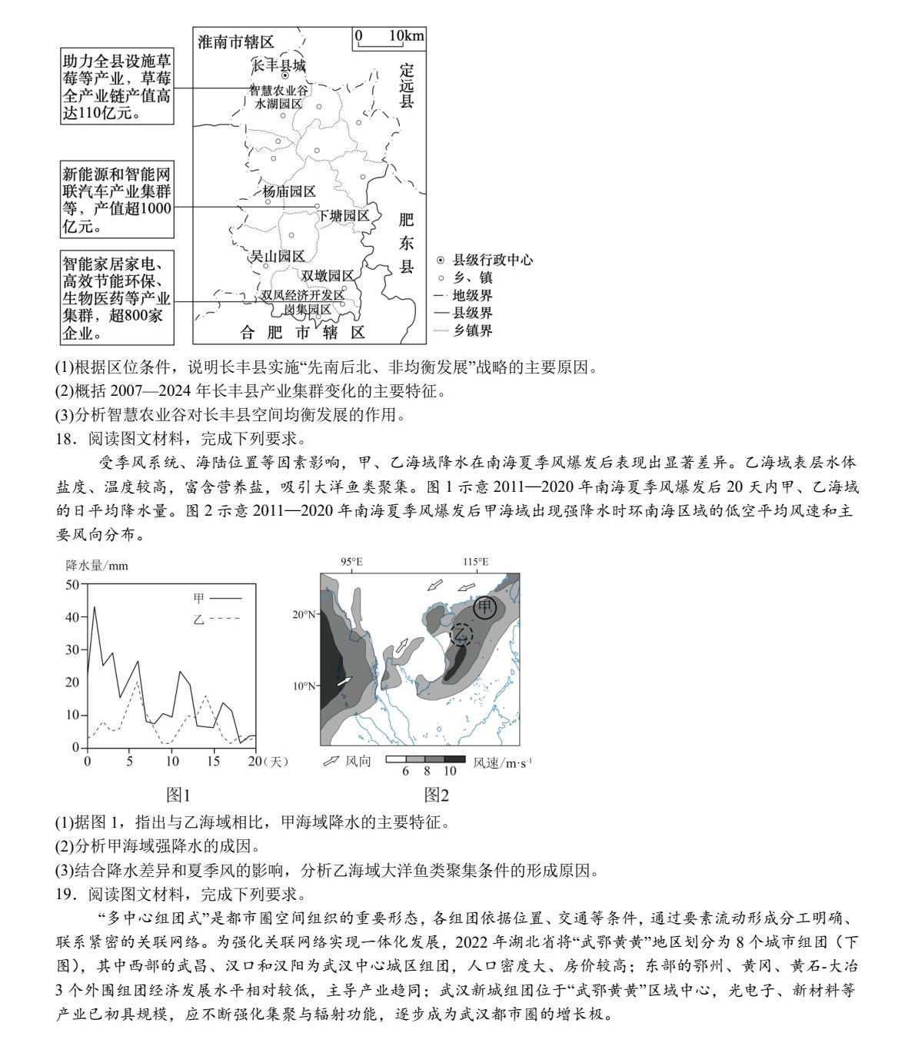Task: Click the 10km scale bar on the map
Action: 388,39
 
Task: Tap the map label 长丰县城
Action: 279,65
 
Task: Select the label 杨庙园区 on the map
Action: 289,191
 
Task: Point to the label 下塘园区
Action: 344,216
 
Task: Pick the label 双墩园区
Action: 328,276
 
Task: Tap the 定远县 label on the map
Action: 406,85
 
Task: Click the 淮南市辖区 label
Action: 235,42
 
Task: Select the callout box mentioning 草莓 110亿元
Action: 118,87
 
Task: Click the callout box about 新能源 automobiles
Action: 118,200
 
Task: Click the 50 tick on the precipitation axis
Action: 72,584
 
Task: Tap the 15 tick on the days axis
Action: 214,761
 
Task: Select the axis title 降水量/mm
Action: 97,566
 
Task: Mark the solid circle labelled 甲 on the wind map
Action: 484,608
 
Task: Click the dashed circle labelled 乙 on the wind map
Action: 461,634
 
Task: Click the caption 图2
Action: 436,795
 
